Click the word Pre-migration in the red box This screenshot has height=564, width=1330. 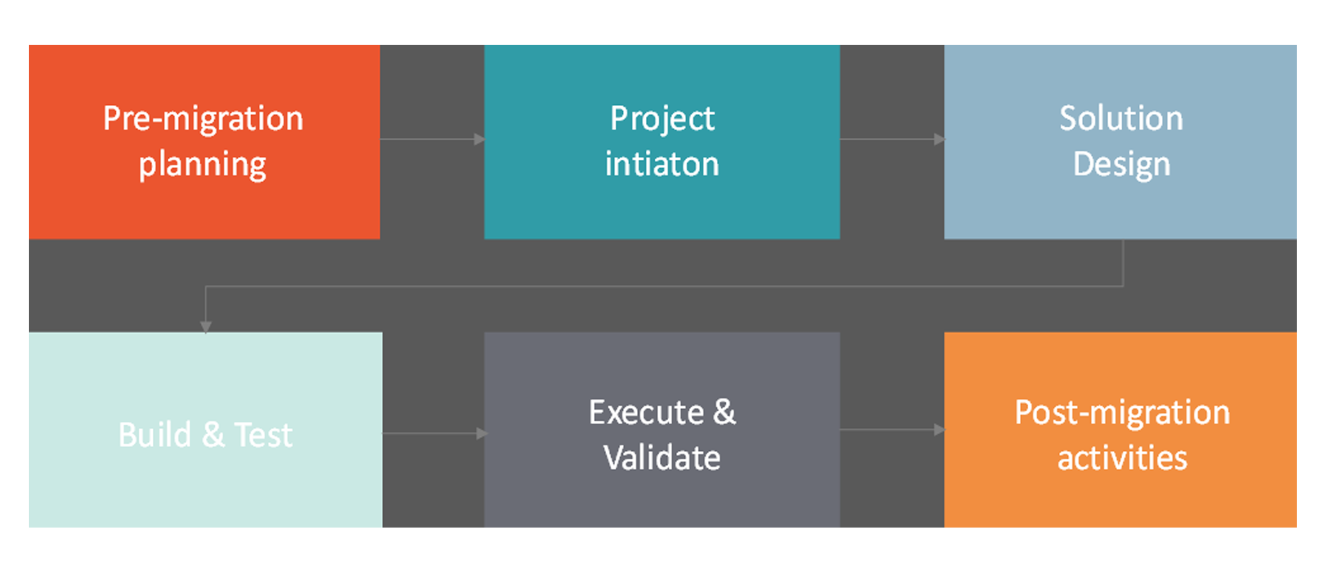tap(203, 119)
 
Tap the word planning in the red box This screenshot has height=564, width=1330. tap(203, 166)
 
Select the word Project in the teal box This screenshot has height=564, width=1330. tap(662, 120)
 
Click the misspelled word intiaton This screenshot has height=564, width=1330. tap(662, 164)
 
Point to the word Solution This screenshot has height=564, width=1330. tap(1122, 118)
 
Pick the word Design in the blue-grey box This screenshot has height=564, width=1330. tap(1122, 165)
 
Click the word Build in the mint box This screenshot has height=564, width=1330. tap(155, 435)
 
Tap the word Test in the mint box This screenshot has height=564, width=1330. tap(263, 435)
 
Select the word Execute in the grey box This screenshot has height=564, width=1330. tap(646, 412)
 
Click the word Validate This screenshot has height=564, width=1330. tap(662, 458)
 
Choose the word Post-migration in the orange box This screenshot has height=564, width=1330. tap(1122, 413)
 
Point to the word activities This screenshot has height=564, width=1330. tap(1122, 458)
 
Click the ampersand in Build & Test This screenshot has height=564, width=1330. tap(213, 435)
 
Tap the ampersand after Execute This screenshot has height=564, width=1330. tap(724, 412)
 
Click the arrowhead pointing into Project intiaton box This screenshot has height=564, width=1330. tap(480, 139)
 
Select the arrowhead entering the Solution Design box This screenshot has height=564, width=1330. tap(939, 139)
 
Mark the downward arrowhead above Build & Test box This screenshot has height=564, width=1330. tap(205, 327)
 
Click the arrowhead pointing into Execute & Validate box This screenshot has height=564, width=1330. tap(483, 434)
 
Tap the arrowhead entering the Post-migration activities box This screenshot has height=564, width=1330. tap(939, 430)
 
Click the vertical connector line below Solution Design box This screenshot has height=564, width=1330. tap(1123, 263)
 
